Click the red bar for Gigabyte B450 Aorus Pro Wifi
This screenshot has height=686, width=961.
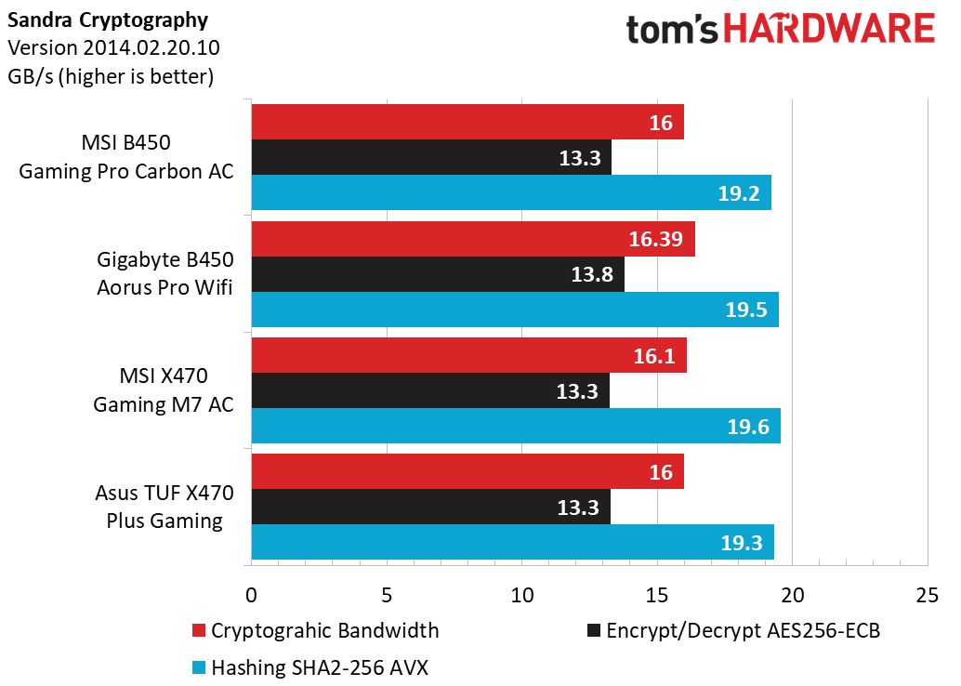(472, 239)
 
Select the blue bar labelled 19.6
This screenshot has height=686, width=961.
(515, 426)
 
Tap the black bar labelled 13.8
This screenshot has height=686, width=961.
(437, 274)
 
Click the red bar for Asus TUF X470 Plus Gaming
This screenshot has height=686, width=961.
(467, 471)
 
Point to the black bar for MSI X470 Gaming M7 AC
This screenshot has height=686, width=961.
(429, 390)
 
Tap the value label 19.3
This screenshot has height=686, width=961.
(741, 543)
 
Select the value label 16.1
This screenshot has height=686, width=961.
(655, 356)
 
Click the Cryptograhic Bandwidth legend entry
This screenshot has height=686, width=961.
(315, 630)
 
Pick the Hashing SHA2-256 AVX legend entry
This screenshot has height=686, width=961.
(311, 666)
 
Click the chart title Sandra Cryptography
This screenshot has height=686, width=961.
(108, 20)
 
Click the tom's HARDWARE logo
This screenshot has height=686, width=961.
(779, 30)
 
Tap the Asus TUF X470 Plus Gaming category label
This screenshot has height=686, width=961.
(164, 506)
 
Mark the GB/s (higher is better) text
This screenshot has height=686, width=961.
(111, 76)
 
